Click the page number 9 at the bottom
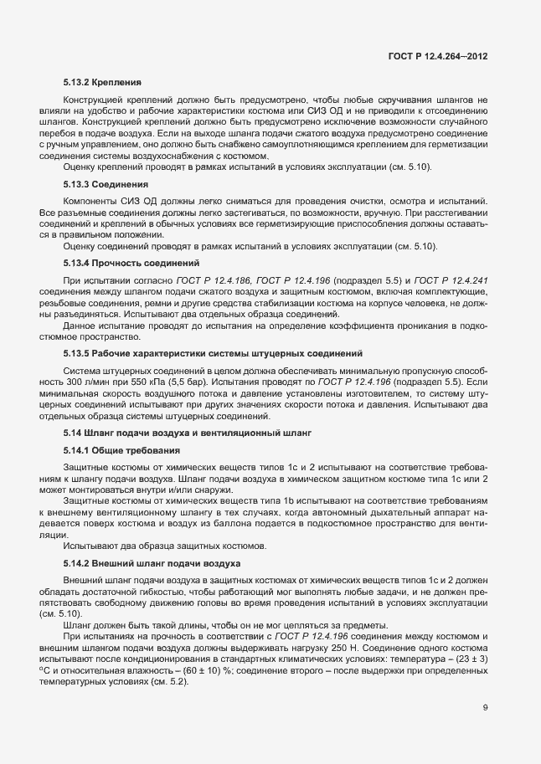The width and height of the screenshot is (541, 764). [486, 707]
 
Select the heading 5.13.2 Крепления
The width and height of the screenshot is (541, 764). [101, 83]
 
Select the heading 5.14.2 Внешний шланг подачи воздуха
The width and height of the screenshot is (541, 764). [152, 563]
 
